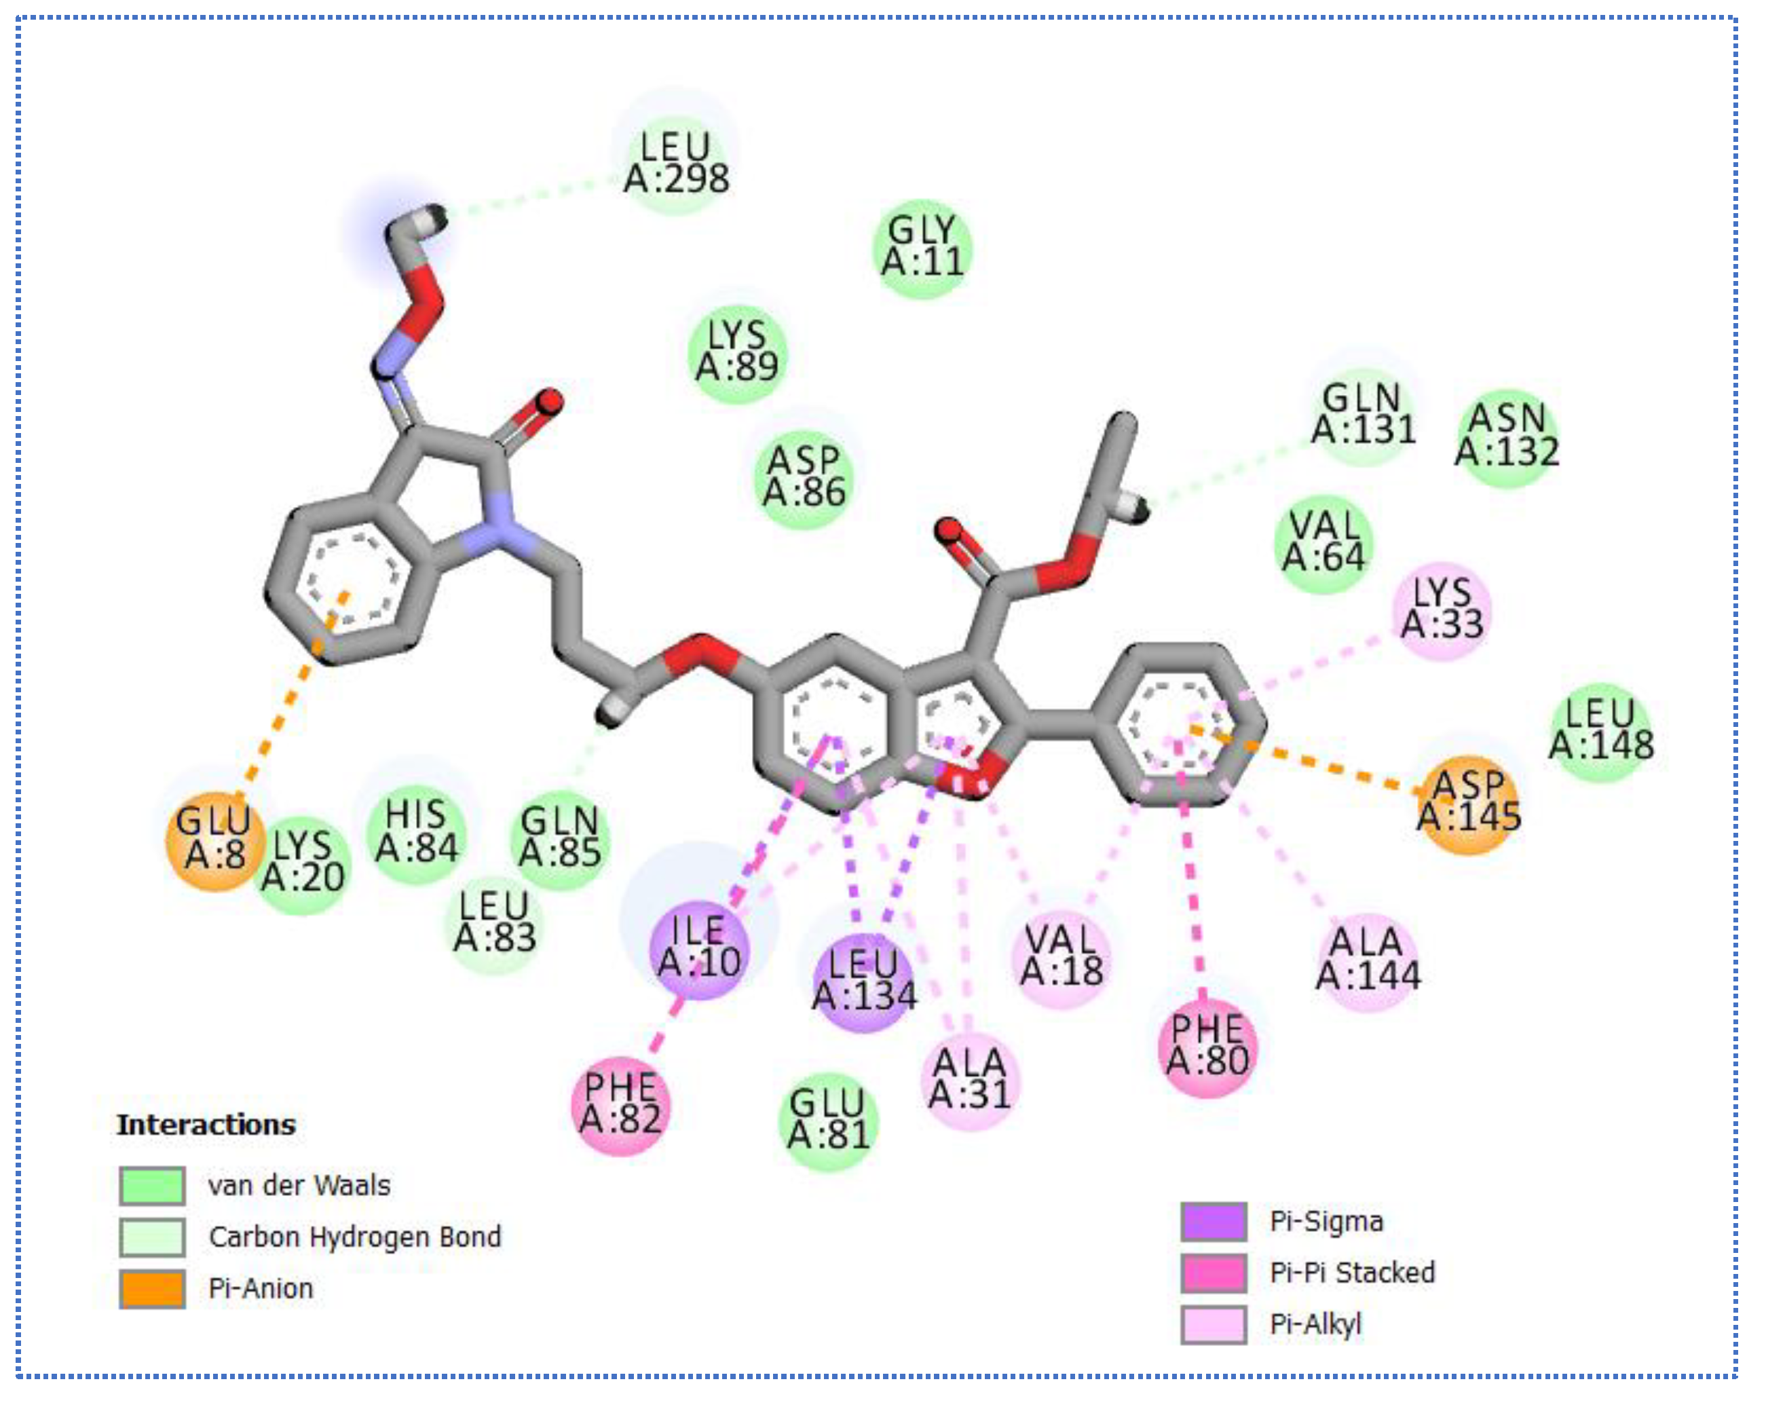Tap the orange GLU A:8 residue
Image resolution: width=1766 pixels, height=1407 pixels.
[x=214, y=840]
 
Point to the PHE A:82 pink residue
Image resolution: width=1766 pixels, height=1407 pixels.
[x=620, y=1105]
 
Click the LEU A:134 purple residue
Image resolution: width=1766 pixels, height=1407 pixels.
[x=863, y=981]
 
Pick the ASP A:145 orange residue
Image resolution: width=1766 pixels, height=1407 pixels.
[x=1469, y=804]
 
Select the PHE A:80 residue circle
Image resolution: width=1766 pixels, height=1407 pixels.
[x=1207, y=1047]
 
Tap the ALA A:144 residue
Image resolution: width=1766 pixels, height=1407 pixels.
[x=1367, y=960]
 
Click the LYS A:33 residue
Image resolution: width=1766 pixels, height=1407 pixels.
[x=1442, y=610]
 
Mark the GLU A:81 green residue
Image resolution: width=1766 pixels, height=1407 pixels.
[x=827, y=1121]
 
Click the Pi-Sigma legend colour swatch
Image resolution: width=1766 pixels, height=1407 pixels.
[x=1213, y=1221]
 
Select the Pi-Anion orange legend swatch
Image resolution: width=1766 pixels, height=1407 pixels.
[x=151, y=1288]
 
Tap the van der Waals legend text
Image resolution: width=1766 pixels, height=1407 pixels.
[x=299, y=1185]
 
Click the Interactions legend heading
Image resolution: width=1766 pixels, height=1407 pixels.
[x=206, y=1125]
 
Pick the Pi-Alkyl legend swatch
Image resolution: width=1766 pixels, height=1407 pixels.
[x=1213, y=1324]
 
